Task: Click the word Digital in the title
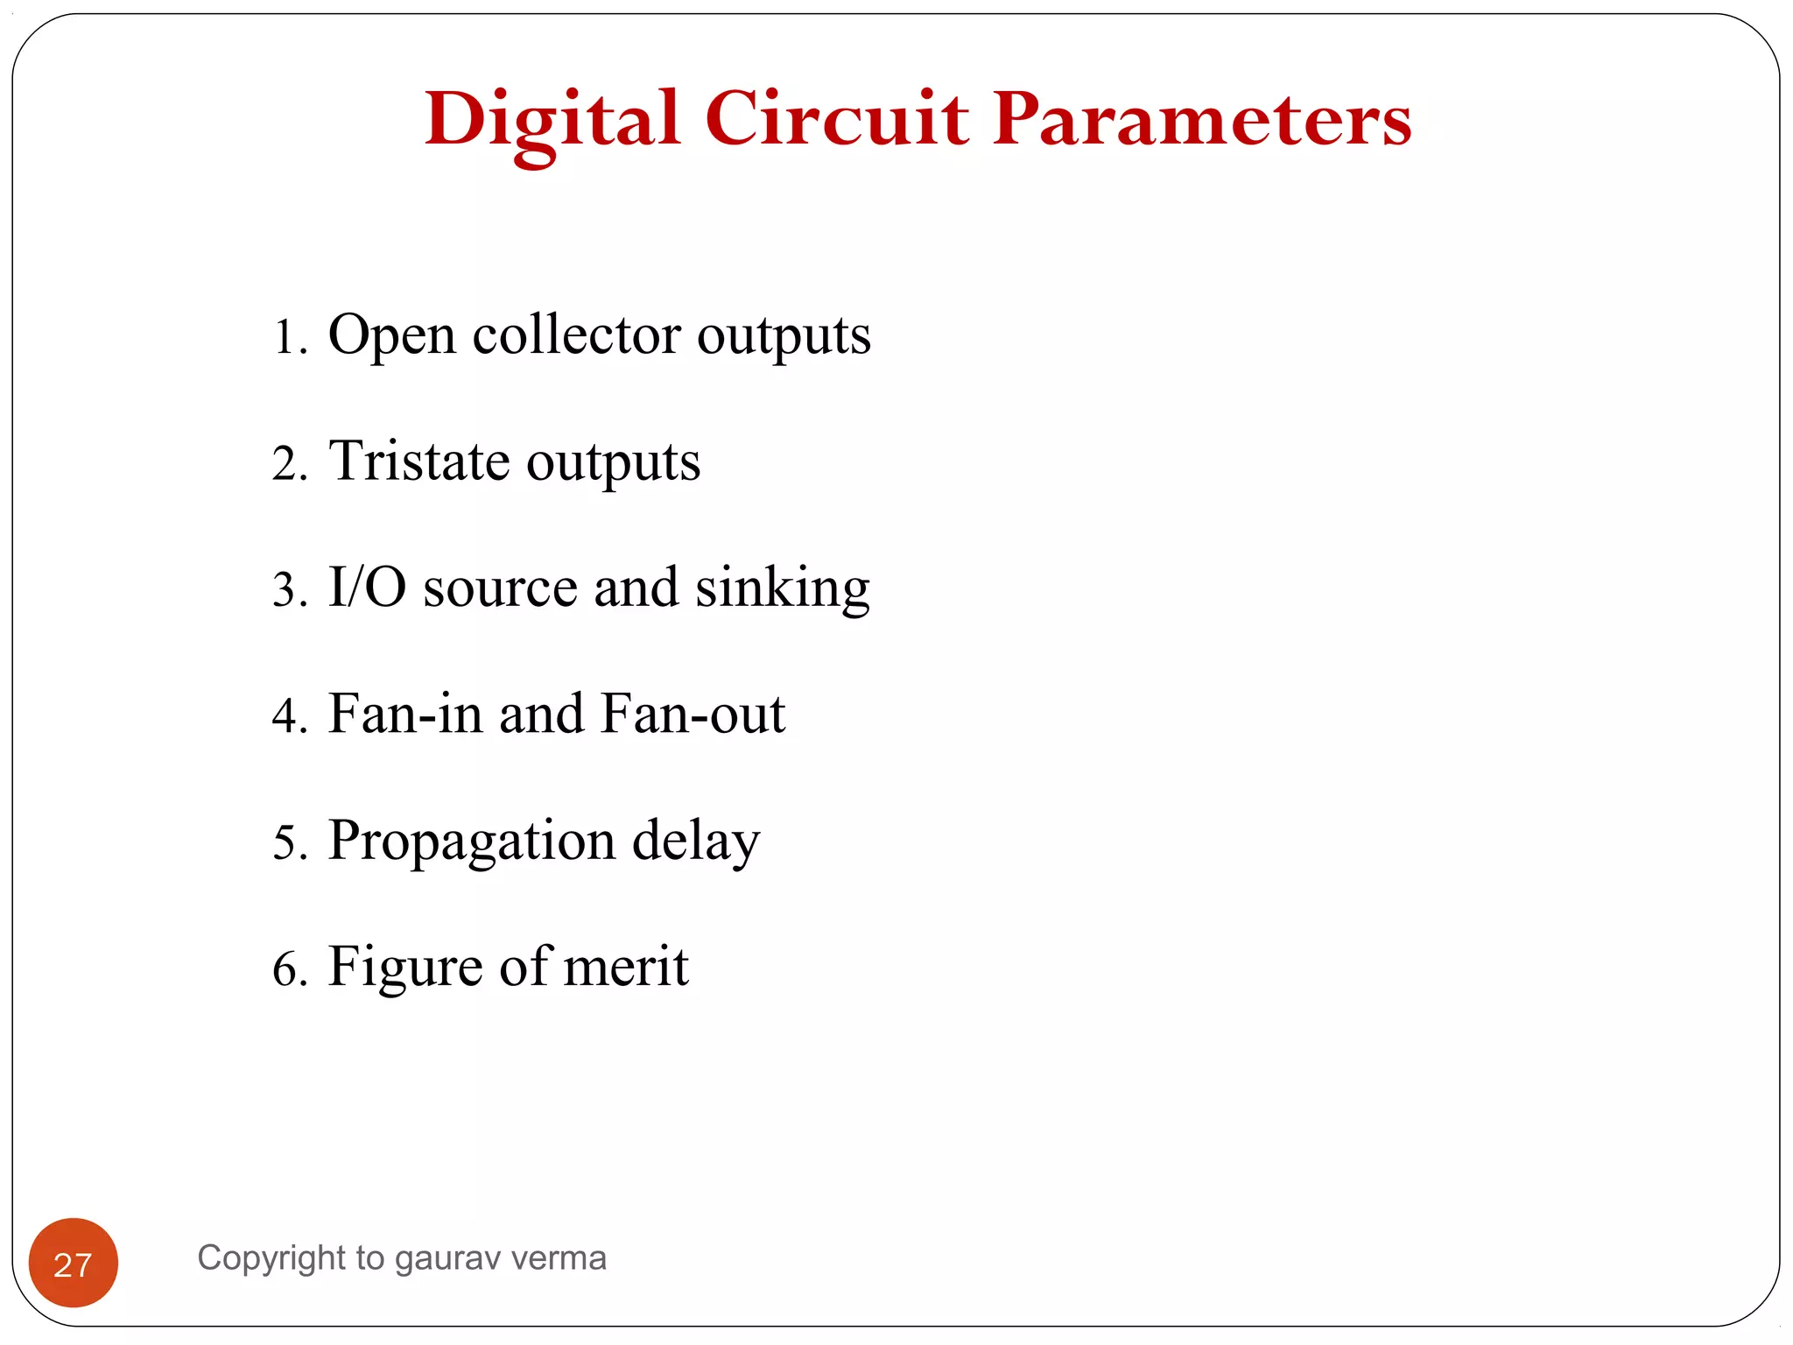coord(552,120)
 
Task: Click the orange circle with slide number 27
coord(74,1262)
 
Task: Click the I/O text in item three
coord(367,587)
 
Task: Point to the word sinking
coord(783,588)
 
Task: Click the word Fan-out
coord(693,714)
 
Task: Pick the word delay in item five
coord(696,841)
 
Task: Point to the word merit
coord(626,967)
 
